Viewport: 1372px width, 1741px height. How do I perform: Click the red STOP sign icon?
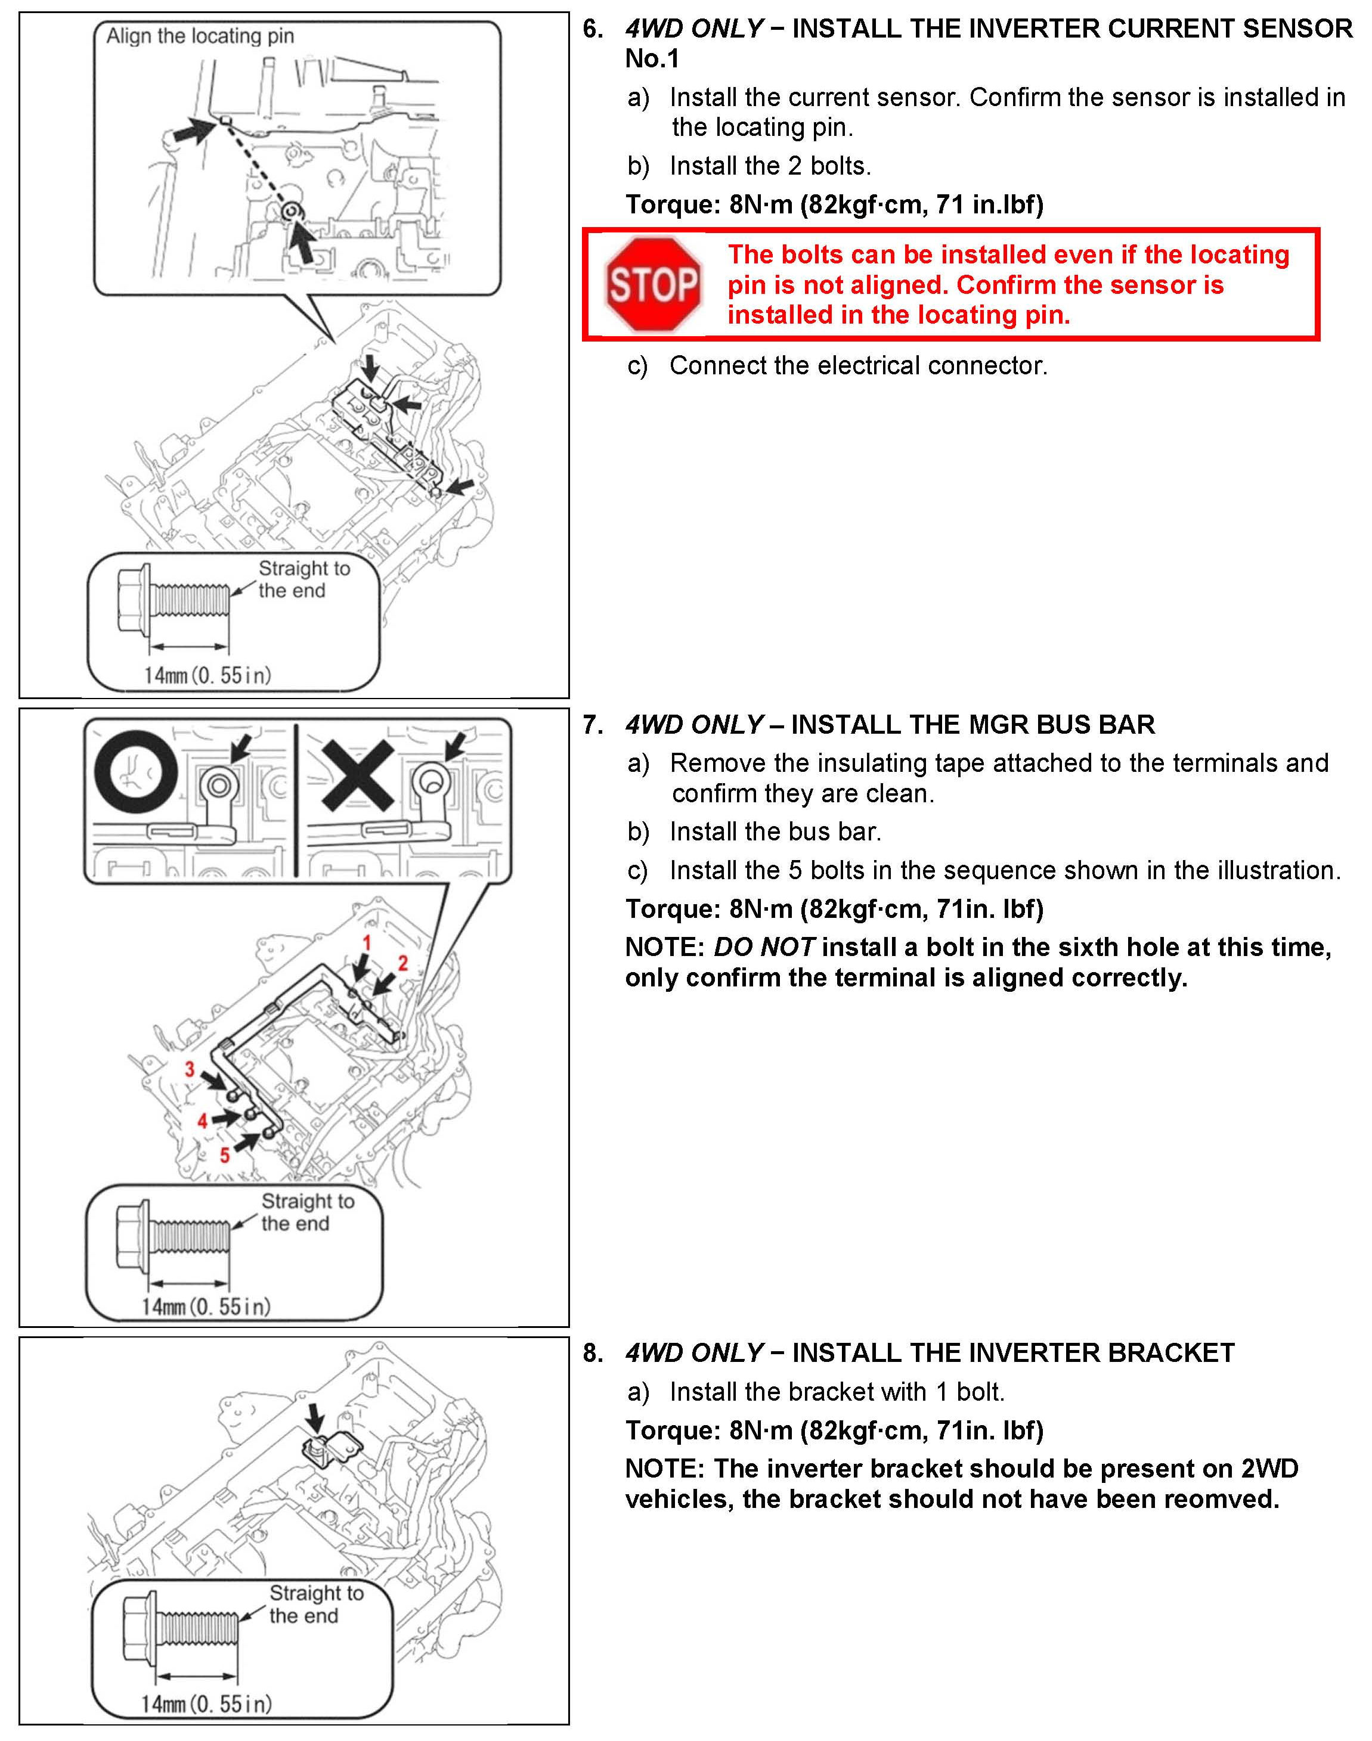pyautogui.click(x=653, y=284)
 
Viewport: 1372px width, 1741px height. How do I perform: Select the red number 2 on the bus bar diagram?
pyautogui.click(x=403, y=963)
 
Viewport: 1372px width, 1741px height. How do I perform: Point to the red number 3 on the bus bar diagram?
pyautogui.click(x=190, y=1069)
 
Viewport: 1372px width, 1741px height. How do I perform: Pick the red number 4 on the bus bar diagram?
pyautogui.click(x=202, y=1121)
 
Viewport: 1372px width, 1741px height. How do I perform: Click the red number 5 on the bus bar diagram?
pyautogui.click(x=225, y=1155)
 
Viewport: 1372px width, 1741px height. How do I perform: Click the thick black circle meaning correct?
pyautogui.click(x=136, y=772)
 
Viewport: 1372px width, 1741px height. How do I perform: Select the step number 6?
pyautogui.click(x=593, y=29)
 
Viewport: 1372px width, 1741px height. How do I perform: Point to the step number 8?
pyautogui.click(x=593, y=1353)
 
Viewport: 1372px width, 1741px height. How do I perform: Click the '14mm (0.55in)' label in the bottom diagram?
pyautogui.click(x=206, y=1703)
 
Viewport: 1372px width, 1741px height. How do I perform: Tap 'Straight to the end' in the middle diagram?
pyautogui.click(x=306, y=1212)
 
